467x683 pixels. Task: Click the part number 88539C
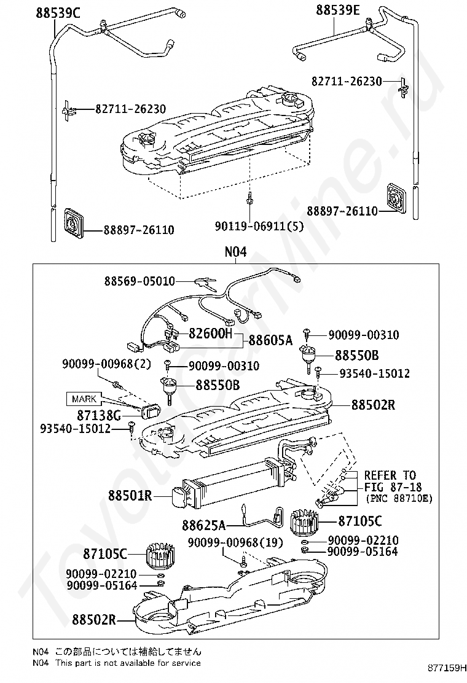[x=54, y=11]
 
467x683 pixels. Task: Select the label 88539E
[x=337, y=10]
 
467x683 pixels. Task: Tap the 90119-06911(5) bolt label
[x=259, y=225]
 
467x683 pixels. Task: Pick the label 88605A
[x=271, y=340]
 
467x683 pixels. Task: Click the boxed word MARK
[x=85, y=399]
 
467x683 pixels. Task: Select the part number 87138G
[x=104, y=416]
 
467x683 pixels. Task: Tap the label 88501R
[x=129, y=495]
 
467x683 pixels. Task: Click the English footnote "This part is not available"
[x=128, y=663]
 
